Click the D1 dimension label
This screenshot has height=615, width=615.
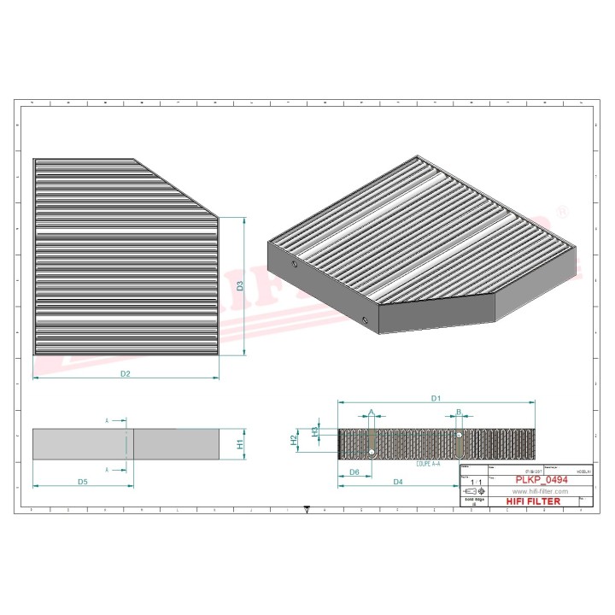click(x=435, y=398)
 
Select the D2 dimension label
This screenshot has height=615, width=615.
click(x=125, y=373)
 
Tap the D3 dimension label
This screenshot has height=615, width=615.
click(x=241, y=287)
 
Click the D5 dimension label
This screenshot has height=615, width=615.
click(x=83, y=483)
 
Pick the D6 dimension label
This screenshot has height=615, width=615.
click(x=354, y=471)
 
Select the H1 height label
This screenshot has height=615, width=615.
click(x=241, y=444)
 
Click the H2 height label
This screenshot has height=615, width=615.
click(x=294, y=440)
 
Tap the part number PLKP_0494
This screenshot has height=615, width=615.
click(x=541, y=480)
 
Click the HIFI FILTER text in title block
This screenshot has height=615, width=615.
click(x=534, y=501)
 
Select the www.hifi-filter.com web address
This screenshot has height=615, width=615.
click(x=536, y=491)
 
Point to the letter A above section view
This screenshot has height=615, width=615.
click(x=371, y=413)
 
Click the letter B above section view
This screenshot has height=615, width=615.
click(x=459, y=412)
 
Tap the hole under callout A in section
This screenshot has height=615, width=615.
click(x=372, y=451)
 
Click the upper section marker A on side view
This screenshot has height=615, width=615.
click(x=107, y=421)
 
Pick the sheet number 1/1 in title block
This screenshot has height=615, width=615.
click(x=476, y=483)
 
